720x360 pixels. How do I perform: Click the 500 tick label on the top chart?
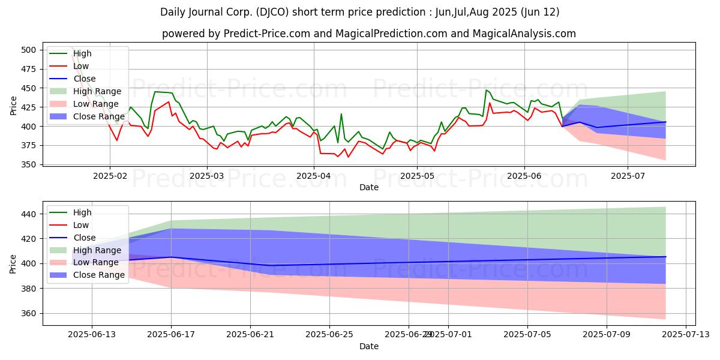(28, 50)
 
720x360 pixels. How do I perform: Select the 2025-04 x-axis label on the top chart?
(314, 176)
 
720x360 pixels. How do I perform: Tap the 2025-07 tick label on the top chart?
(628, 176)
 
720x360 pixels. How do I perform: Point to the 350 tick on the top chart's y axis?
(28, 164)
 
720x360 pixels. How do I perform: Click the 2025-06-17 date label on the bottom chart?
(171, 336)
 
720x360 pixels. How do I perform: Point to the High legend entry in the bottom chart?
(82, 212)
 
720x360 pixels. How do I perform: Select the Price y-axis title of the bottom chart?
(13, 263)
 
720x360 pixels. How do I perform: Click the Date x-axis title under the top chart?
(368, 187)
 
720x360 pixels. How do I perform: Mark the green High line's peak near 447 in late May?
(487, 90)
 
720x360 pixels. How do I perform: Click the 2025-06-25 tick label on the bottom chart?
(329, 336)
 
